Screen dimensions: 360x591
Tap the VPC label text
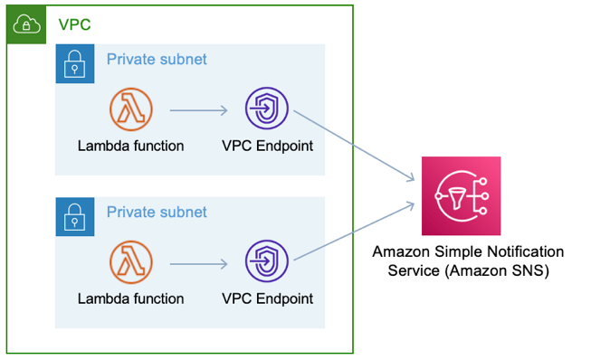(x=73, y=24)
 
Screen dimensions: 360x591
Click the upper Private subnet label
(x=157, y=60)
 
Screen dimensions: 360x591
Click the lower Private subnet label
(x=157, y=213)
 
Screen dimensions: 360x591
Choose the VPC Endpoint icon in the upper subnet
(x=267, y=110)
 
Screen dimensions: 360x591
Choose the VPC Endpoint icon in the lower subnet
(x=267, y=263)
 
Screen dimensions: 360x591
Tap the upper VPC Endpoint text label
(x=267, y=146)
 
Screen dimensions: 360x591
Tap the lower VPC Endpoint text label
(x=267, y=298)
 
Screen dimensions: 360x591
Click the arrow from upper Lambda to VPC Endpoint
(x=198, y=111)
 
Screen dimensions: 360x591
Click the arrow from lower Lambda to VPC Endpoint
(x=198, y=264)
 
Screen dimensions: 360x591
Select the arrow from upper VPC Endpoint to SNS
(x=354, y=149)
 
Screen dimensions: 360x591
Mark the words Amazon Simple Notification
(x=468, y=251)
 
